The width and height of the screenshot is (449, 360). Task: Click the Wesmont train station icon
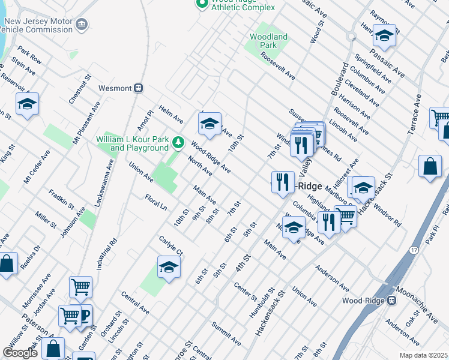[139, 88]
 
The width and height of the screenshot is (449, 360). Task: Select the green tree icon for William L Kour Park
[178, 142]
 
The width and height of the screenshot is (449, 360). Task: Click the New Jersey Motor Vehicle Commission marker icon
[82, 25]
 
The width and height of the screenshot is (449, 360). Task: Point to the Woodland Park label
[268, 41]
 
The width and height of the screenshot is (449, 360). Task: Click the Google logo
[20, 353]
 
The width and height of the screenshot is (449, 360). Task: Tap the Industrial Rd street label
[113, 251]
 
